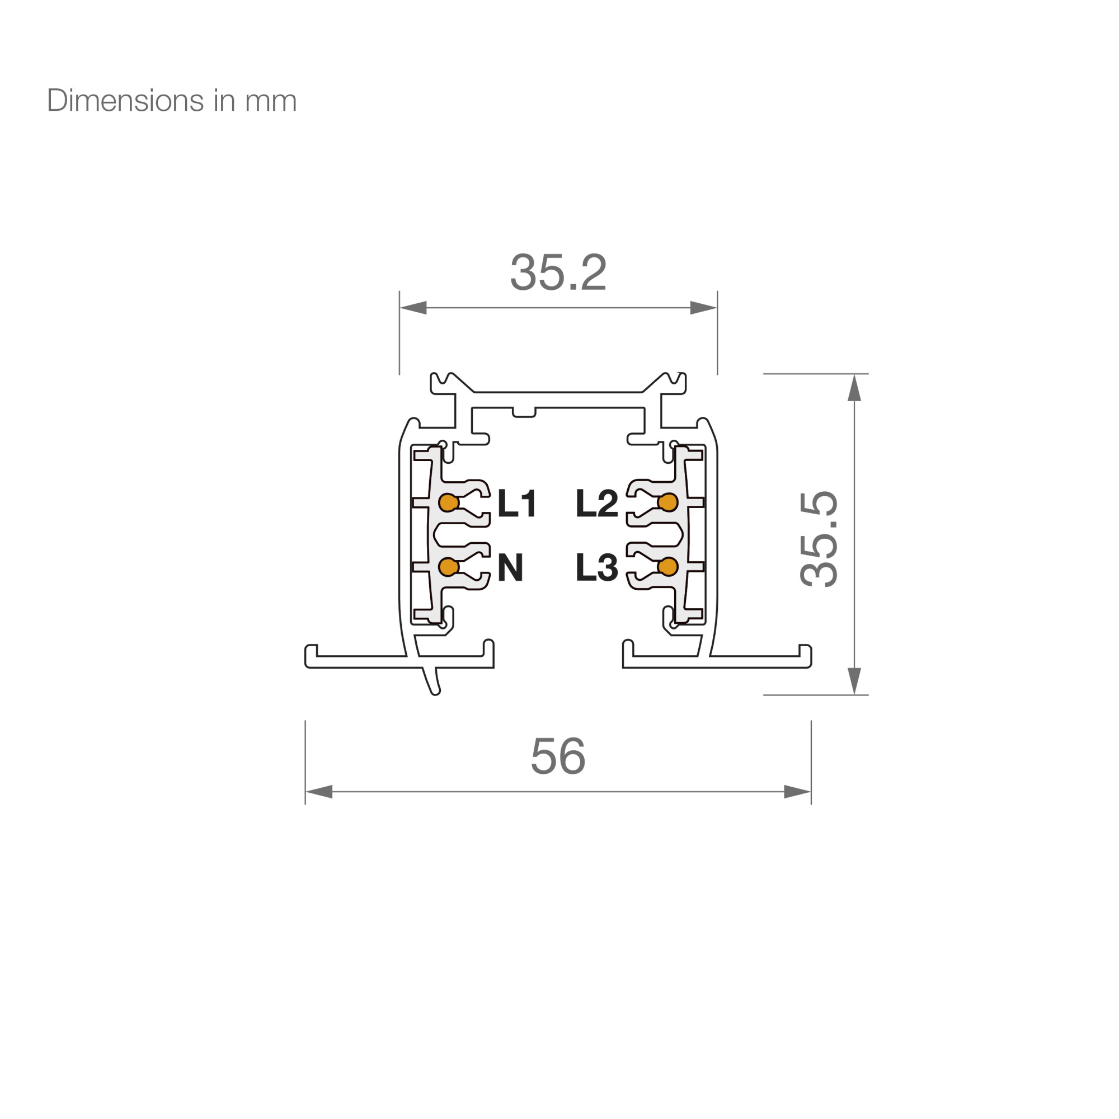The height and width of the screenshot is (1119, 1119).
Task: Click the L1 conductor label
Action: [516, 503]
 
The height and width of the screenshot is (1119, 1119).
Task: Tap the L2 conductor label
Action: [596, 503]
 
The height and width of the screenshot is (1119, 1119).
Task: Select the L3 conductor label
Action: [596, 567]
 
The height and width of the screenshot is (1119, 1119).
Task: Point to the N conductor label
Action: [510, 567]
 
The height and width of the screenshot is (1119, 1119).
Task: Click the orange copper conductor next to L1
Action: [449, 502]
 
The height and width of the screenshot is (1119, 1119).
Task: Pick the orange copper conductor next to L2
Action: [668, 502]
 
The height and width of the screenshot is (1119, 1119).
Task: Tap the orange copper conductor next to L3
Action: [668, 566]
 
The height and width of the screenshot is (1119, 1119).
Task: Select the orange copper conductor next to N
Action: [449, 566]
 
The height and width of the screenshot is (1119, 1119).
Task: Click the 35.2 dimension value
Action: [558, 272]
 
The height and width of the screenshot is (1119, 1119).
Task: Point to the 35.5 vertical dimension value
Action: [819, 539]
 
